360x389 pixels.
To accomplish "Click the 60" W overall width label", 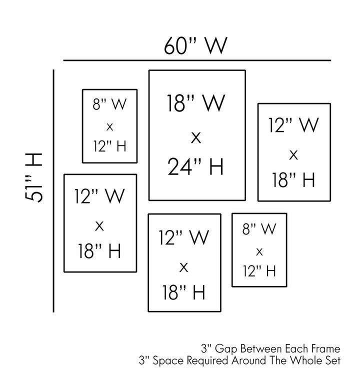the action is pyautogui.click(x=195, y=45).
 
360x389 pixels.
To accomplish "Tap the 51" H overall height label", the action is pyautogui.click(x=33, y=177).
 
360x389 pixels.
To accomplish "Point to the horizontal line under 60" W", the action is pyautogui.click(x=197, y=60).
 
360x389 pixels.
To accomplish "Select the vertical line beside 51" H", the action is pyautogui.click(x=53, y=191).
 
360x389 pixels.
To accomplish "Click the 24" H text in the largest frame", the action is pyautogui.click(x=196, y=166).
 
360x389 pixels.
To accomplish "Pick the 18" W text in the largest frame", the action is pyautogui.click(x=196, y=103).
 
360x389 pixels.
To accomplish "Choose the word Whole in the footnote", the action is pyautogui.click(x=306, y=360).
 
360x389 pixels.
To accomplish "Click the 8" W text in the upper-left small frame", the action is pyautogui.click(x=109, y=104).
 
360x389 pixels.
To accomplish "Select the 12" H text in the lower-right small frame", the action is pyautogui.click(x=259, y=270).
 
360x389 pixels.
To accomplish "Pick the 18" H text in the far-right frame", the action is pyautogui.click(x=293, y=180).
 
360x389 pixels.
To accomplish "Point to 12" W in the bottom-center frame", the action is pyautogui.click(x=184, y=237).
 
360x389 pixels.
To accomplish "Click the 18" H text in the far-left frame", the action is pyautogui.click(x=99, y=251).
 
